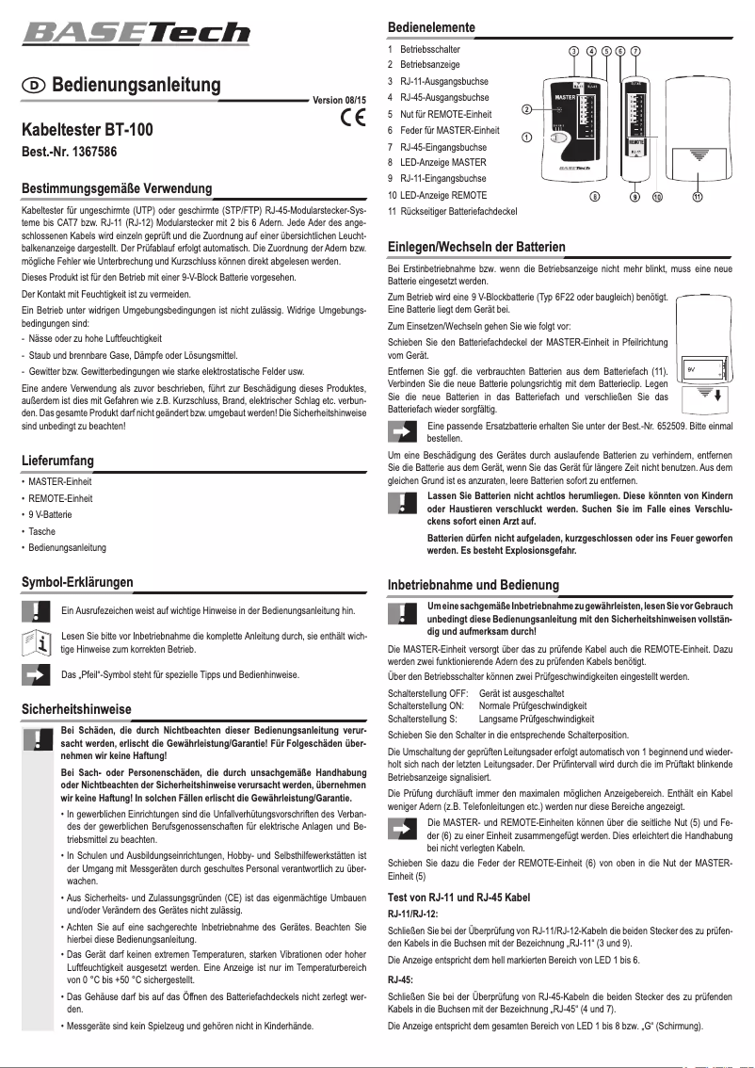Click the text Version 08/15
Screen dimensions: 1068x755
(x=340, y=99)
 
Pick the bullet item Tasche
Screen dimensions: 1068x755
(x=42, y=531)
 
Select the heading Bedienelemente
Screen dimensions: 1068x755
(x=431, y=26)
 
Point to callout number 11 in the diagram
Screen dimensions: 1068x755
(x=698, y=197)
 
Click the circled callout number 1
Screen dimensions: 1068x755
(x=527, y=137)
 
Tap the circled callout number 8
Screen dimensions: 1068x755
(x=594, y=197)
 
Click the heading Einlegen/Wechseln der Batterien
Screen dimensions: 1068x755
(x=476, y=247)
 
